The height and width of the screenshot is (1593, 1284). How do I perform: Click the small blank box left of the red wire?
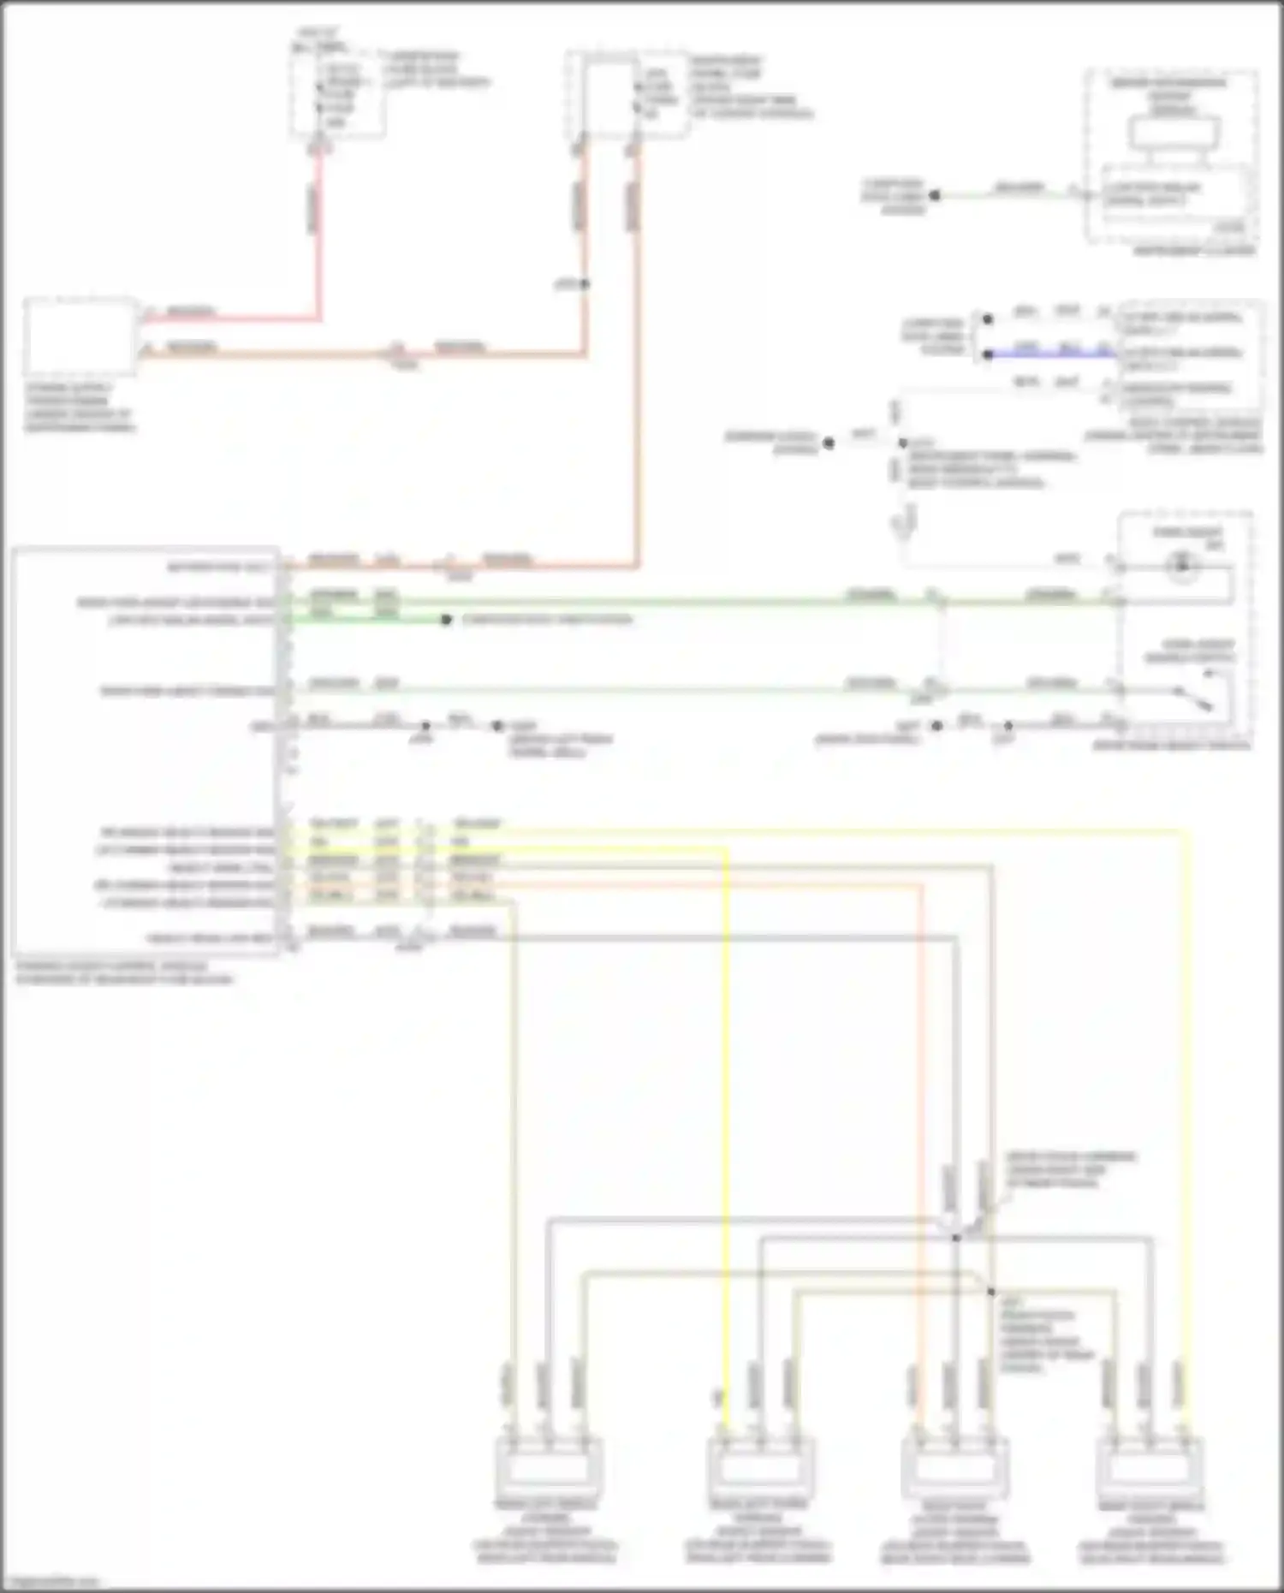pos(80,336)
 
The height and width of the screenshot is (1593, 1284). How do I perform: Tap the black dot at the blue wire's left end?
pos(988,354)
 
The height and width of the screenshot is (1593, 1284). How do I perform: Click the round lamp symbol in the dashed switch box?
pos(1183,566)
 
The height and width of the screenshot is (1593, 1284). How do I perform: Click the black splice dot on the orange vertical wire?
pos(585,283)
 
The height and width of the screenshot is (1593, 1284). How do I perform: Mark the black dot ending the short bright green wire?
pos(446,620)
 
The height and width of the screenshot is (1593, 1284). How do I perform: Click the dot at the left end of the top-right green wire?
pos(935,195)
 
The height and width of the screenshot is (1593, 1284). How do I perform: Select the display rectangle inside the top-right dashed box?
pos(1174,133)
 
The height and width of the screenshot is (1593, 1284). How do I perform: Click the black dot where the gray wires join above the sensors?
pos(956,1238)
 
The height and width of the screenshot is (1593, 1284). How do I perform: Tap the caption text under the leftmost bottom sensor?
pos(545,1531)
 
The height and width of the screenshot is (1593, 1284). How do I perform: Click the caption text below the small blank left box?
pos(80,407)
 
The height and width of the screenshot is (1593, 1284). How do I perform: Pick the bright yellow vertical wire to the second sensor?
pos(726,1113)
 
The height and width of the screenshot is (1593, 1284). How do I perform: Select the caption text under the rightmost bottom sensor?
pos(1151,1531)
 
